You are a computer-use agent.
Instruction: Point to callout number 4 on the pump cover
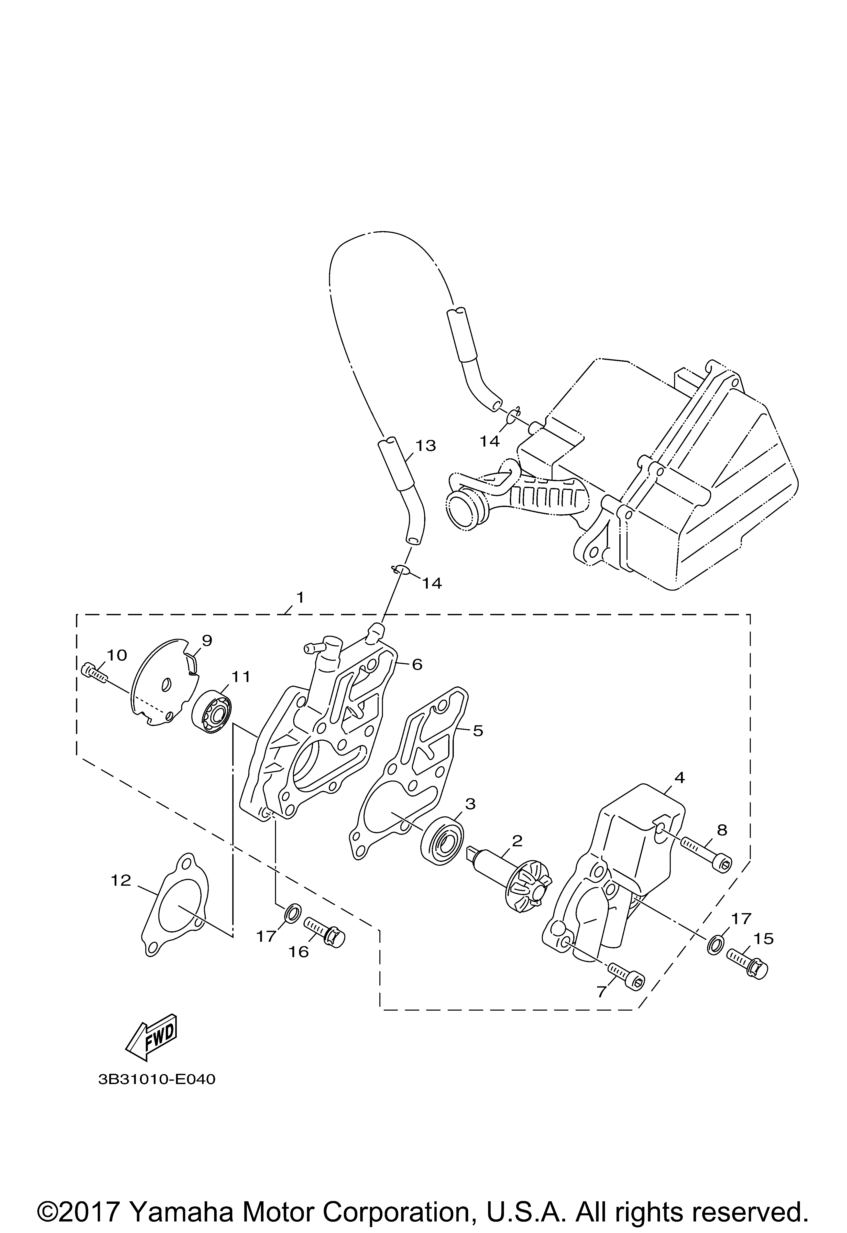[x=679, y=778]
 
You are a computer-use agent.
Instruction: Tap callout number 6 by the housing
[x=417, y=665]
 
